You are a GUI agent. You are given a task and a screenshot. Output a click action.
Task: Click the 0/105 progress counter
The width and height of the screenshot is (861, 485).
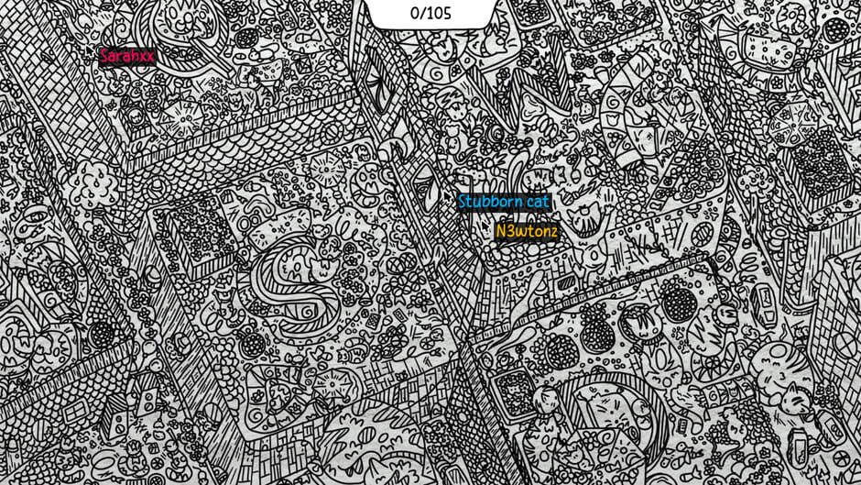430,13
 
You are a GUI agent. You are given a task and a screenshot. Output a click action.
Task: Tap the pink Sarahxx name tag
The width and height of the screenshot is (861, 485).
127,56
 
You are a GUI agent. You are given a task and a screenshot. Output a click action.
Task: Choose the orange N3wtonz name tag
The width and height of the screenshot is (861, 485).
526,231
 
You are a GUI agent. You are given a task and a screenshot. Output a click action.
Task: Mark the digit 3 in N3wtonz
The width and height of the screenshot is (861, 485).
510,231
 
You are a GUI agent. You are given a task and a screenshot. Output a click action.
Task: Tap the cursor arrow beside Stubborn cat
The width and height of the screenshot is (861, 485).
451,193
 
